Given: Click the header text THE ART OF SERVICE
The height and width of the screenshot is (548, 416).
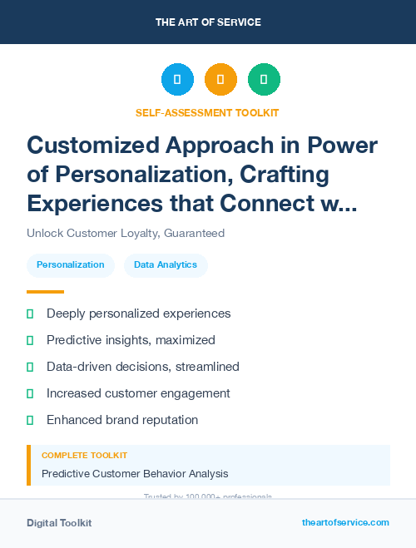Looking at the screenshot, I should [x=208, y=22].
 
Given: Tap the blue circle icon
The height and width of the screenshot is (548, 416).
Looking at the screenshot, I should [x=177, y=80].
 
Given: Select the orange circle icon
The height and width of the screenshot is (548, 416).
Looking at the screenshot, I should [x=220, y=80].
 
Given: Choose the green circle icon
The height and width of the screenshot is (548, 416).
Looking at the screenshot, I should [x=264, y=80].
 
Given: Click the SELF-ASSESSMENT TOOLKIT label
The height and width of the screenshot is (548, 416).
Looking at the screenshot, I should [x=208, y=112].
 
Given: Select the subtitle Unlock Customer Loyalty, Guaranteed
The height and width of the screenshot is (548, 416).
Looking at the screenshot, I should [x=126, y=233].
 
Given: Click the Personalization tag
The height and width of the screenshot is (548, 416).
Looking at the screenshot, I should [x=71, y=265].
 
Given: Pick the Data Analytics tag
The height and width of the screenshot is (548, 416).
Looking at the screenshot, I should [x=166, y=265].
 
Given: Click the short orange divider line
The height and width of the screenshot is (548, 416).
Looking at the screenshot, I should [x=45, y=292].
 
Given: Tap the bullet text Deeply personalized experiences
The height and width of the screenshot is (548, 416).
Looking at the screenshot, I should [x=138, y=313].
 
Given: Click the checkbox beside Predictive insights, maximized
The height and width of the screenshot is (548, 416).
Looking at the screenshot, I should [x=30, y=340].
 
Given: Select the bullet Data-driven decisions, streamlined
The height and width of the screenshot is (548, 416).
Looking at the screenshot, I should [x=143, y=367].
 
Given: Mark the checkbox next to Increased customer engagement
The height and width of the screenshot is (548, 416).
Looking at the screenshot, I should [x=30, y=393].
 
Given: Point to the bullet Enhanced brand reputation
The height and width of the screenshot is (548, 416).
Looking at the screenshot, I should [x=122, y=420].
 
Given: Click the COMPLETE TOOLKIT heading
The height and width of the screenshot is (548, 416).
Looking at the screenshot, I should [x=85, y=456].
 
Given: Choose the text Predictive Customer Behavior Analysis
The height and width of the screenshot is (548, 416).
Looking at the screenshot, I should [x=135, y=474].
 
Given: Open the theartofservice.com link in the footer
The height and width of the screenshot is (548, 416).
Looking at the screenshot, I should [x=345, y=522].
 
